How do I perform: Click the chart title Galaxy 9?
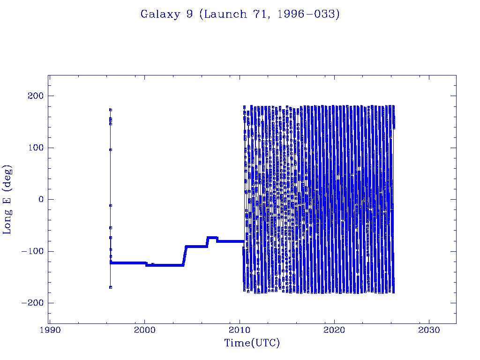point(240,14)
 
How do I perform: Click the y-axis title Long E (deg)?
point(8,200)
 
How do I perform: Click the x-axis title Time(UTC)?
point(252,343)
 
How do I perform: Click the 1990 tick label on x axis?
point(50,330)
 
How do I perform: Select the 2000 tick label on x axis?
point(144,330)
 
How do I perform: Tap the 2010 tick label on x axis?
point(240,330)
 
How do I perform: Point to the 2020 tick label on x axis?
point(334,330)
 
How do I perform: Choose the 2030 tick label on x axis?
point(429,330)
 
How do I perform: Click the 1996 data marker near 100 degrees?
point(111,150)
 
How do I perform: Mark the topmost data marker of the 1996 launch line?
point(111,110)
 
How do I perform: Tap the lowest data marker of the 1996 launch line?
point(111,287)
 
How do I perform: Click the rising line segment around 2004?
point(185,255)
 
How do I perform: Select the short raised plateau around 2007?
point(212,238)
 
